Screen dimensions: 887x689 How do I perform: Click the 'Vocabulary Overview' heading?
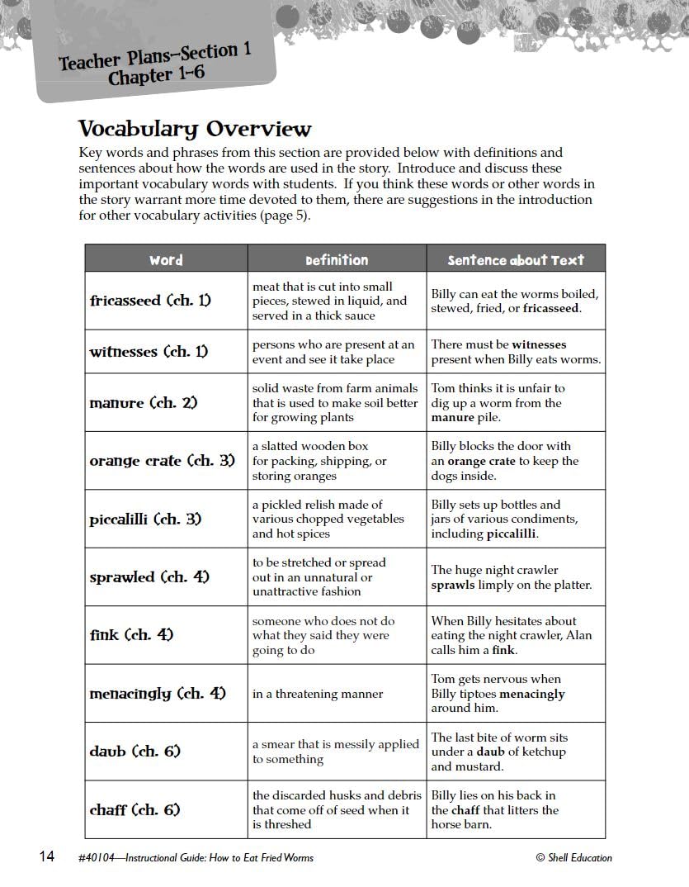[195, 130]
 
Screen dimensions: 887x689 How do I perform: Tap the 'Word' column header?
[166, 260]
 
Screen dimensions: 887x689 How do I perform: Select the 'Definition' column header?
[337, 260]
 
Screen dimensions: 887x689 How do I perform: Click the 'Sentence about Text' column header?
[516, 260]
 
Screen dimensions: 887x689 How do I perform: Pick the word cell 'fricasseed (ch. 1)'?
[150, 301]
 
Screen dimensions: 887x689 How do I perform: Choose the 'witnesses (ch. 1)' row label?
[149, 352]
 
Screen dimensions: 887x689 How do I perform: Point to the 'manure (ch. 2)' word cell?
[144, 403]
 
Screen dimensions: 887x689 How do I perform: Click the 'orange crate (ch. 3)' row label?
[162, 461]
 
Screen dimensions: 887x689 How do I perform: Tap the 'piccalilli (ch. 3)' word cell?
[145, 519]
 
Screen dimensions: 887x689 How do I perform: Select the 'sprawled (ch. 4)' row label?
[149, 577]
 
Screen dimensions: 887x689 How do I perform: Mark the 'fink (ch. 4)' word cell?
[131, 636]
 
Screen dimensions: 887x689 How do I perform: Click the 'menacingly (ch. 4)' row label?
[157, 694]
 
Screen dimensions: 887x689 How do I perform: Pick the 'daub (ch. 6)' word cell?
[134, 752]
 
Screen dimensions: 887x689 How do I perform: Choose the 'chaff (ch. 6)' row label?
[134, 810]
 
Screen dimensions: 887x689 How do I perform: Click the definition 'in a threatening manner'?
[318, 694]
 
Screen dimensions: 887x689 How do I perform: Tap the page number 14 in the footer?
[47, 856]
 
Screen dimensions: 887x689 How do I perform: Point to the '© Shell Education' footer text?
[573, 857]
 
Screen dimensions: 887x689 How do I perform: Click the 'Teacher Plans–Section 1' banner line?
[155, 57]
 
